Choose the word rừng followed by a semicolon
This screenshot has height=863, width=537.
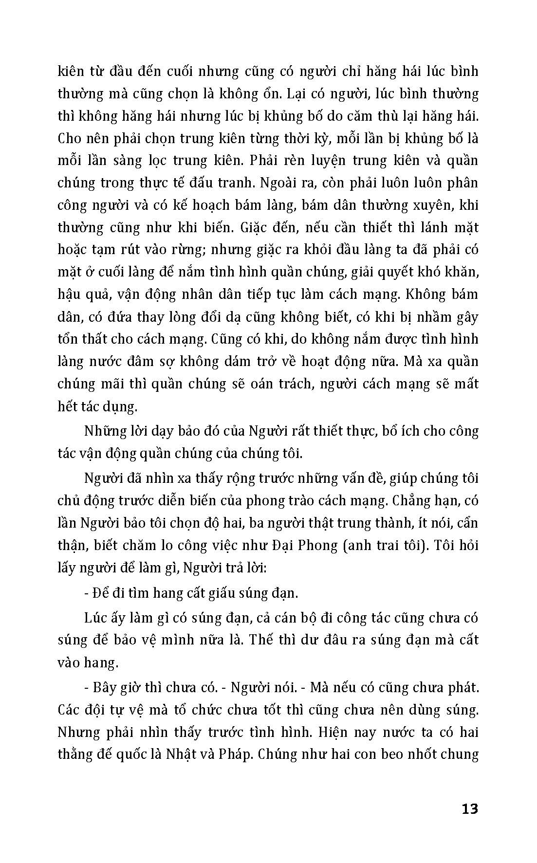[183, 250]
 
